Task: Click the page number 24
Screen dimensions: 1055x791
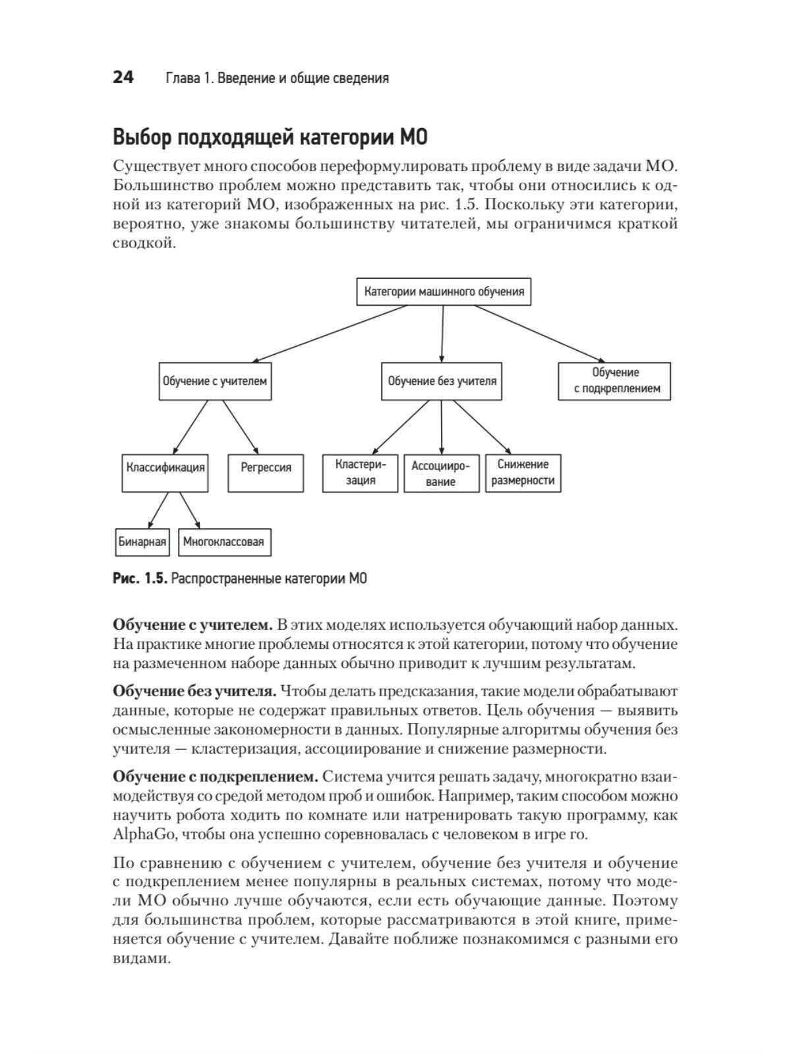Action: (123, 78)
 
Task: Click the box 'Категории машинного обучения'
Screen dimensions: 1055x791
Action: (444, 291)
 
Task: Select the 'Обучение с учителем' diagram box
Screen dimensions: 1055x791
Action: (215, 381)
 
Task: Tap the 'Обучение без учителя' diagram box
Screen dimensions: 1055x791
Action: (442, 381)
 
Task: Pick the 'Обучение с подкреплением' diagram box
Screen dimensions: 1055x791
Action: (615, 381)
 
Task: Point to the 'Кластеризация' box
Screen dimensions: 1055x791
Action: (360, 473)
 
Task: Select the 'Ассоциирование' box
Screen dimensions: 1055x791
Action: (440, 473)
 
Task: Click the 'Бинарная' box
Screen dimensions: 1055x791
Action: (142, 542)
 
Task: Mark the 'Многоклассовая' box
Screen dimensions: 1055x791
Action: (223, 542)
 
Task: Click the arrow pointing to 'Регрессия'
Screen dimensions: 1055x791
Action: (241, 427)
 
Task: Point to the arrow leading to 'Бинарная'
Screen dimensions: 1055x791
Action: (158, 510)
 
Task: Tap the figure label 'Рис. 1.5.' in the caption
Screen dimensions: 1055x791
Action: (140, 579)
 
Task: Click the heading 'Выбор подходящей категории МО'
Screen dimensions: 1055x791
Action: (270, 138)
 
